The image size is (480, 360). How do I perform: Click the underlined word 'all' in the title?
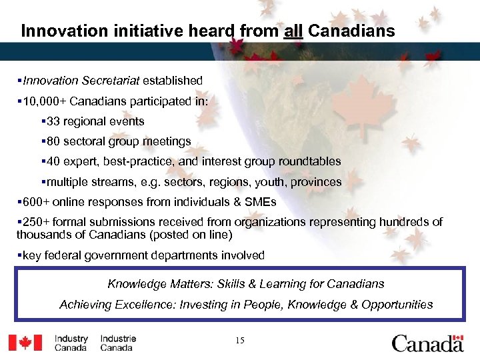pos(293,31)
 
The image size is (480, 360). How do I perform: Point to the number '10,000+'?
pos(45,101)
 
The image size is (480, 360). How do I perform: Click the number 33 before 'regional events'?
pos(53,121)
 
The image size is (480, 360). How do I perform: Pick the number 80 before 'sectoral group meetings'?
pos(53,141)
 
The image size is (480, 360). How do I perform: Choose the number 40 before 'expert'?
pos(53,161)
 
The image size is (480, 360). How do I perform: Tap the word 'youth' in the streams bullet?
pos(265,181)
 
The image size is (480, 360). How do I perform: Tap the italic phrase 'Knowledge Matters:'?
pos(160,284)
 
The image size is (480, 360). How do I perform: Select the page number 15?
pos(239,341)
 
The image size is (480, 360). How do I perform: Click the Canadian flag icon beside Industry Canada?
pos(25,342)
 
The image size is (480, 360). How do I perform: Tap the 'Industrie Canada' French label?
pos(118,343)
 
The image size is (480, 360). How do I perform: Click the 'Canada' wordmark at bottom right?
pos(427,342)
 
